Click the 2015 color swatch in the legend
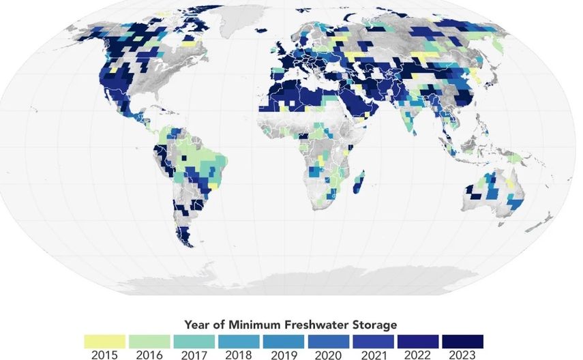coord(104,340)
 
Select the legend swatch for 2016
coord(149,340)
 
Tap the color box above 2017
coord(194,340)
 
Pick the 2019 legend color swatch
coord(284,340)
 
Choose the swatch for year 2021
coord(373,340)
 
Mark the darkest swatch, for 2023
coord(462,340)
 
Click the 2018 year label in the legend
coord(239,355)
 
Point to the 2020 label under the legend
coord(328,355)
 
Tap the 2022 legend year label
coord(417,355)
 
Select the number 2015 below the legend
coord(104,355)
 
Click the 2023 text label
coord(462,355)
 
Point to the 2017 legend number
coord(194,355)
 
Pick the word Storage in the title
coord(375,324)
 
